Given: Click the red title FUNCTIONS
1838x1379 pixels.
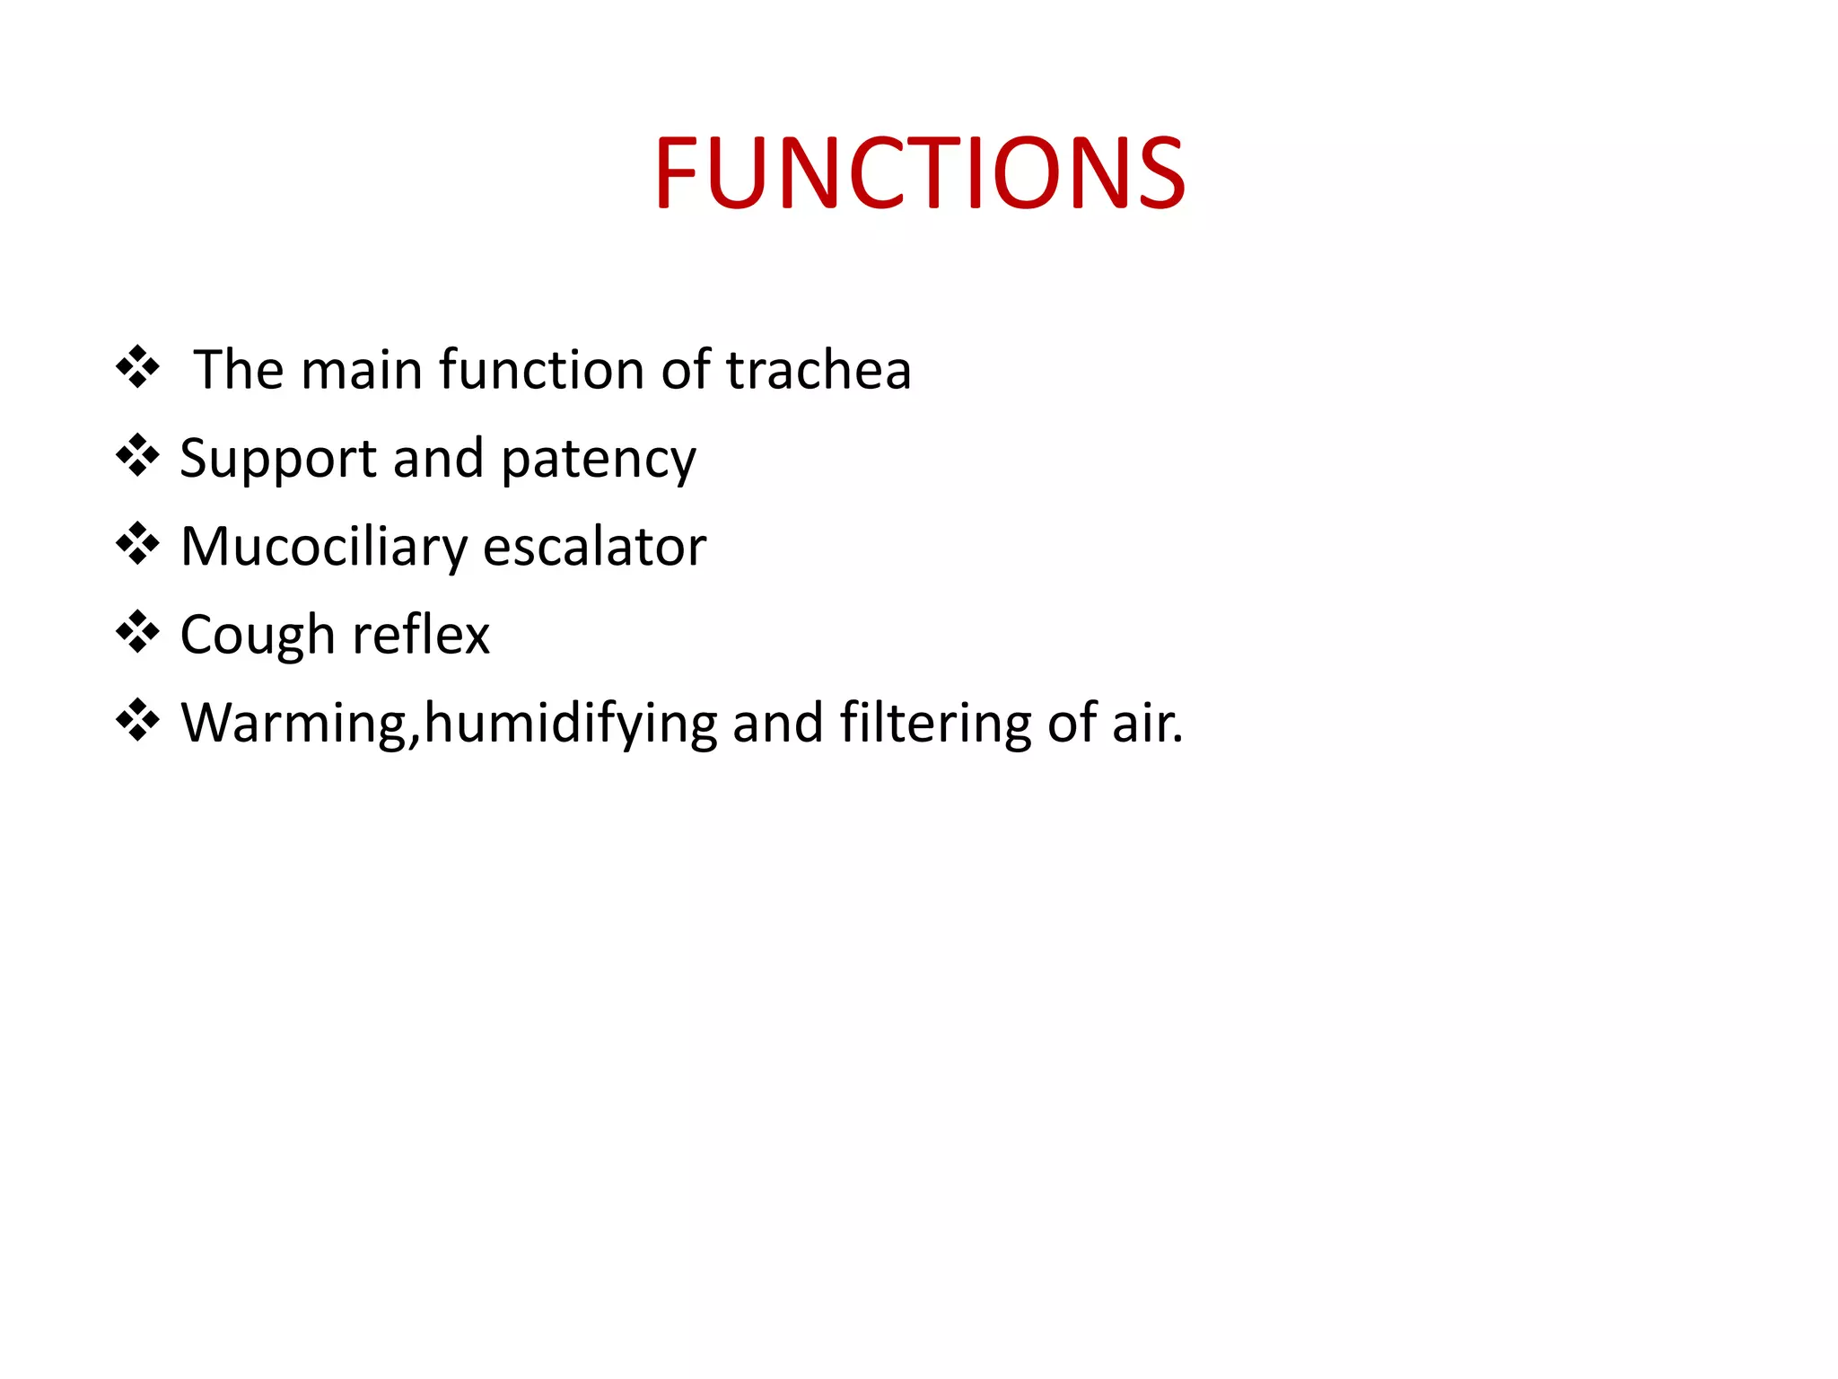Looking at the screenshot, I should [x=919, y=172].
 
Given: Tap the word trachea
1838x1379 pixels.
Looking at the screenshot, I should [x=818, y=370].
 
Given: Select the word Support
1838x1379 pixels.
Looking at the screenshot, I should [x=277, y=459].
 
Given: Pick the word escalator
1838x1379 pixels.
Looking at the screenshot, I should [x=594, y=546].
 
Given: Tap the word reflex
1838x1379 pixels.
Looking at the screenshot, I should [x=421, y=635].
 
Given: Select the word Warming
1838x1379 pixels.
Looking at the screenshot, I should [x=294, y=724].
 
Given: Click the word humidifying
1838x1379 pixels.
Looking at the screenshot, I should [x=570, y=724].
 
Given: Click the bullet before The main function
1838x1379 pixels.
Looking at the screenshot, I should [x=137, y=367].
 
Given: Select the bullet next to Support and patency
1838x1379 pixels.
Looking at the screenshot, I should [x=137, y=455].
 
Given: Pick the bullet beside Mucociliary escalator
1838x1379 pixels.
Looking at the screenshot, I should [x=137, y=543].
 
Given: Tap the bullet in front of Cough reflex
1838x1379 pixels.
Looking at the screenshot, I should [x=137, y=631].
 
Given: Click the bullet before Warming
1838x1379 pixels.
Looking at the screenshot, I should [x=137, y=719].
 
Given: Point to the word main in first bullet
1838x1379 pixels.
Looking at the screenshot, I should [x=361, y=370].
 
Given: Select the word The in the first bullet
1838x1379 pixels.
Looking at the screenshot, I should [x=238, y=370].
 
